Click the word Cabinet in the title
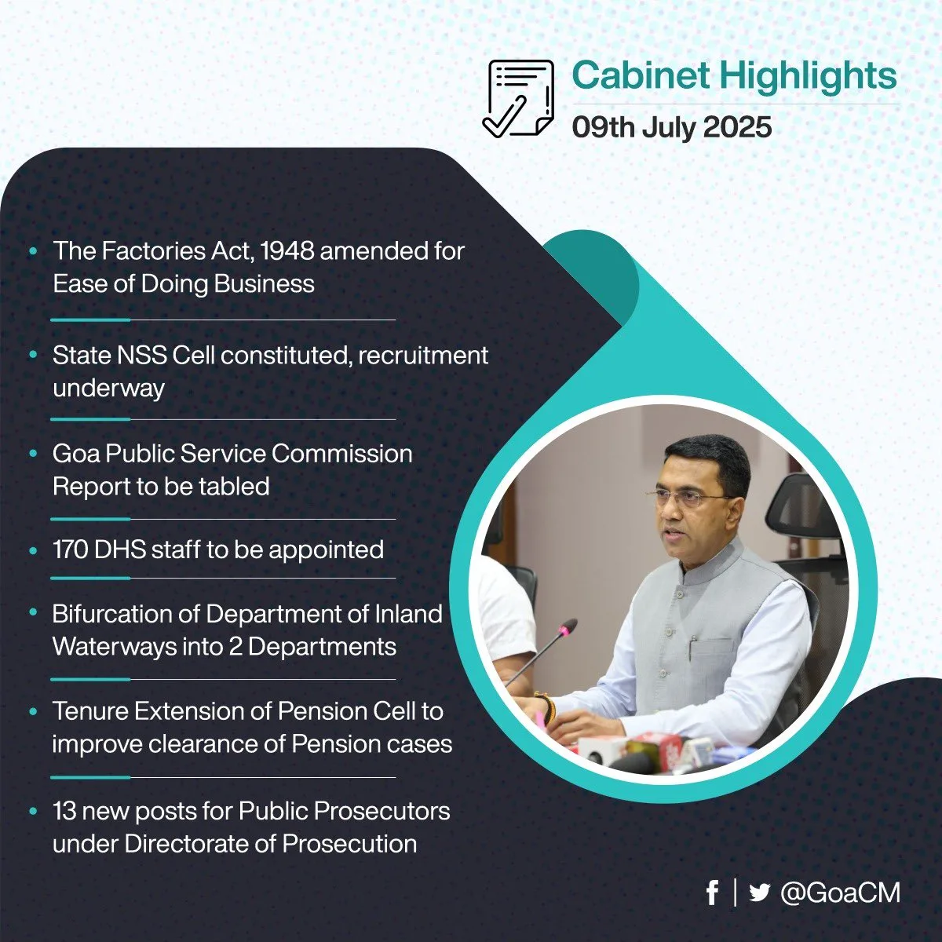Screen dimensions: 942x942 coord(641,76)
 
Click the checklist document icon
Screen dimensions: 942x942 coord(518,98)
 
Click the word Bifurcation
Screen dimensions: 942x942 coord(112,614)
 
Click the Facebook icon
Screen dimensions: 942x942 coord(713,893)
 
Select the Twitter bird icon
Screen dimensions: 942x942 coord(760,893)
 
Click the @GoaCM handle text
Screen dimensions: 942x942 coord(840,893)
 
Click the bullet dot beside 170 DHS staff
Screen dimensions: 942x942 coord(33,550)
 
